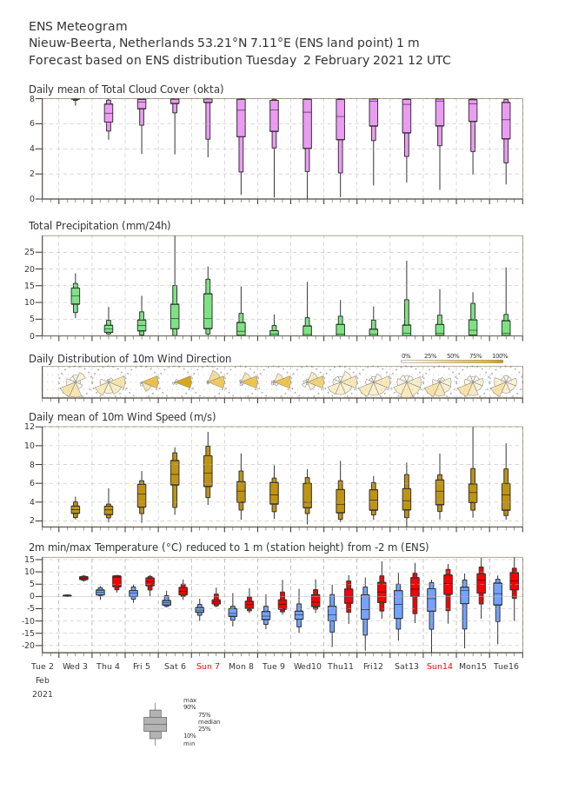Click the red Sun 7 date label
click(208, 666)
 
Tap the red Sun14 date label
click(439, 666)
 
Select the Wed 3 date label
click(75, 666)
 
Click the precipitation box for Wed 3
click(75, 295)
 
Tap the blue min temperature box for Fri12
click(365, 607)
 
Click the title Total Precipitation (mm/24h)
click(99, 225)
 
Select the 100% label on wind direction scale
click(500, 356)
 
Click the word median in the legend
click(209, 721)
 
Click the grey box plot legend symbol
click(156, 725)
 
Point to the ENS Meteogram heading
click(77, 26)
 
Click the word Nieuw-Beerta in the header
click(71, 43)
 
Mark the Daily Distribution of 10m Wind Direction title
click(130, 358)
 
